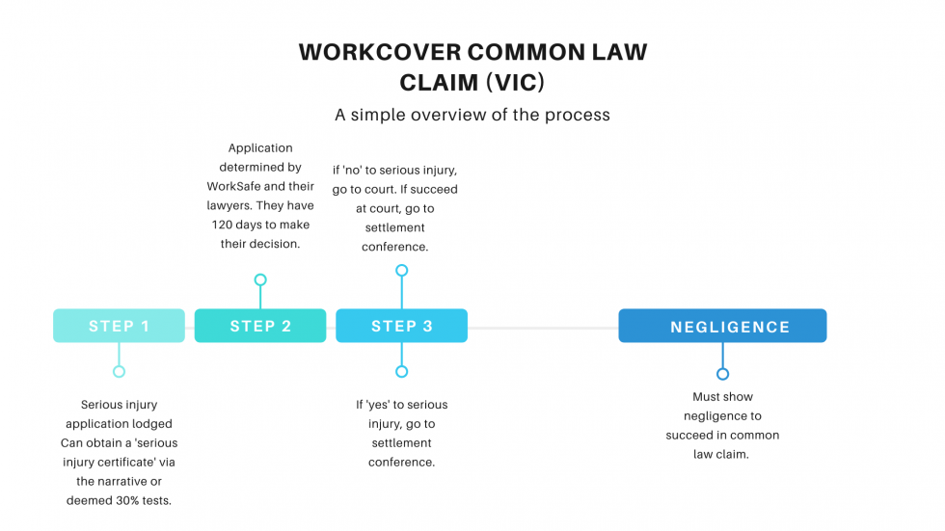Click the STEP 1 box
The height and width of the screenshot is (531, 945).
tap(119, 326)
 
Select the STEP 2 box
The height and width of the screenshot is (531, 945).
tap(260, 326)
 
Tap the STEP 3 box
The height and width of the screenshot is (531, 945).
tap(401, 326)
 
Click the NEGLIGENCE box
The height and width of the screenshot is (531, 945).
tap(722, 326)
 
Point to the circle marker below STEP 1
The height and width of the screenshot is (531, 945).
tap(119, 371)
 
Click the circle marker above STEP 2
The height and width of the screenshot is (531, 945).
tap(260, 280)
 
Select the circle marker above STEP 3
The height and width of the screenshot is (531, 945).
tap(401, 271)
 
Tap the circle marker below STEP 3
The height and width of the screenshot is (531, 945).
tap(401, 371)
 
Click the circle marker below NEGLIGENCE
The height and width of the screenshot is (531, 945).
tap(722, 374)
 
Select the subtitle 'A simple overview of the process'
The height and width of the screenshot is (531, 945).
tap(472, 115)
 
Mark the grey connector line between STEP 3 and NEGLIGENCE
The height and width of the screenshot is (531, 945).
tap(542, 328)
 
